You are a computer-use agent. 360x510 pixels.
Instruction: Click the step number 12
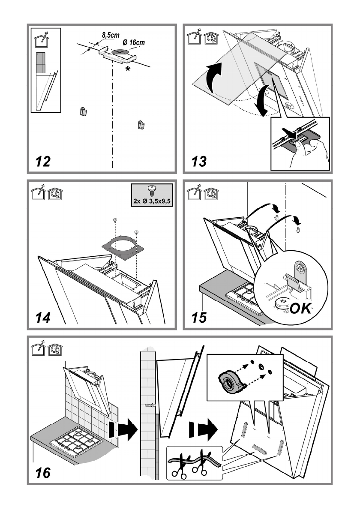[43, 161]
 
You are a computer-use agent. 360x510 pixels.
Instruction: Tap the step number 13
[199, 161]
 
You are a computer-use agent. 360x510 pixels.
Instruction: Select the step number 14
[43, 318]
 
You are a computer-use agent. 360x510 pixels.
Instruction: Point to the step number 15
[199, 318]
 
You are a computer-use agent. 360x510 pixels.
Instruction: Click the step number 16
[43, 473]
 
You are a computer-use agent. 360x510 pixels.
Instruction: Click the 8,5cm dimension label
[111, 35]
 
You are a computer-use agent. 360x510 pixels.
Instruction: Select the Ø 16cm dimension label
[134, 42]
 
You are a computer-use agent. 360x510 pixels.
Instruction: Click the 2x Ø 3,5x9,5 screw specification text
[152, 201]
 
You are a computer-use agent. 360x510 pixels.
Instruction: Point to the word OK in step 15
[300, 308]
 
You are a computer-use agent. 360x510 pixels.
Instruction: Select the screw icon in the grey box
[151, 189]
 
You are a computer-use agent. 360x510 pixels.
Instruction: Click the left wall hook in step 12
[84, 111]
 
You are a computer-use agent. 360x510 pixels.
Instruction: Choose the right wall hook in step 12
[141, 124]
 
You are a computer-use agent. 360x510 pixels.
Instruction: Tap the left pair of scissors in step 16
[179, 467]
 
